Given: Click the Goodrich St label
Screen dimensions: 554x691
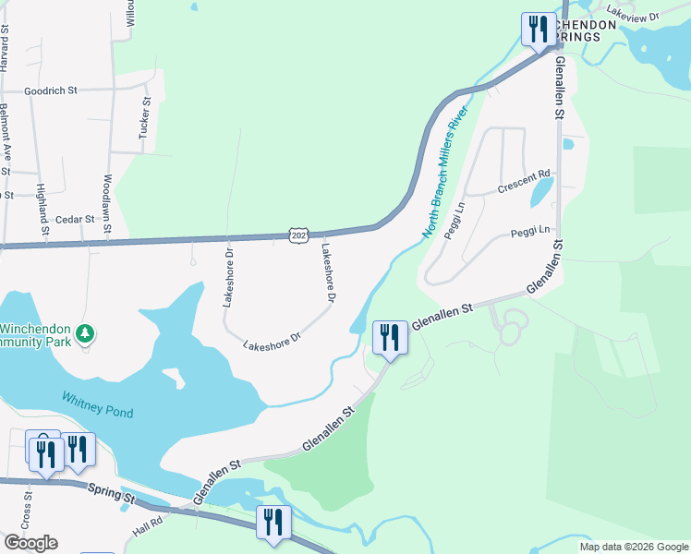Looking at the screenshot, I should (50, 91).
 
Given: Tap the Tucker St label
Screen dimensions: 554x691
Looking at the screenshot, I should (144, 119).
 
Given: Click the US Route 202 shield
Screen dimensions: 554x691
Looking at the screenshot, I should (297, 235).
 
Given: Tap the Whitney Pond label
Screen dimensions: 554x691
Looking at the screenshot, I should (98, 404).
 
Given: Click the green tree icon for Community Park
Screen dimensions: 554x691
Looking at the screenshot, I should (86, 332).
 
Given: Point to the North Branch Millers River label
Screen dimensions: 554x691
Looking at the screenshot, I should (447, 175).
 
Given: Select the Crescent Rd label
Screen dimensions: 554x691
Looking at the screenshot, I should (523, 180).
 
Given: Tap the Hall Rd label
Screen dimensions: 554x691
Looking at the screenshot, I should (147, 526).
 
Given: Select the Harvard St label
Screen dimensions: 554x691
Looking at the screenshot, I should (5, 46).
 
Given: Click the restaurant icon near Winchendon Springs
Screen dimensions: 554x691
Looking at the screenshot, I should (536, 28).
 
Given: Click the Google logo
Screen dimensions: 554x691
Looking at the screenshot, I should (30, 543).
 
